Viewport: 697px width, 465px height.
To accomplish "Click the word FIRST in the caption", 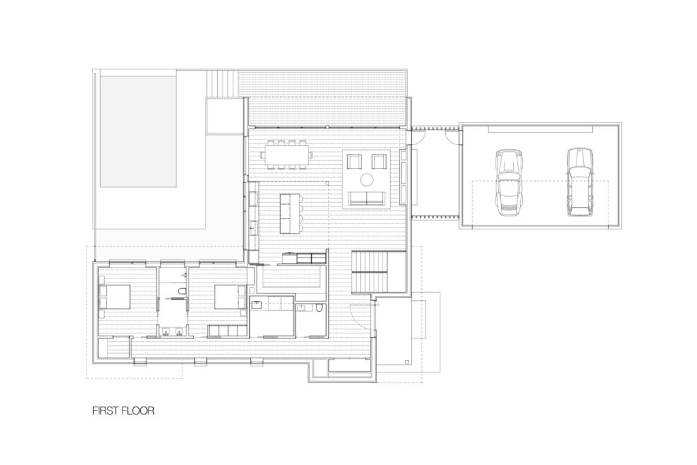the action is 106,411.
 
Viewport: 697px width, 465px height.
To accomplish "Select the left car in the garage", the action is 508,182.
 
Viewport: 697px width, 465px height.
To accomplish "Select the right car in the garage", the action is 580,182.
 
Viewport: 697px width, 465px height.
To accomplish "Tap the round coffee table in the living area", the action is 367,180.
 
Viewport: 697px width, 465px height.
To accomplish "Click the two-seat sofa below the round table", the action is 367,199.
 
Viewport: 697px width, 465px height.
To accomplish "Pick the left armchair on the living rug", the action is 355,161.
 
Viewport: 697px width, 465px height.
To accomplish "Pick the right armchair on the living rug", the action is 379,161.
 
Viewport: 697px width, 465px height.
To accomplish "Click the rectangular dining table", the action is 287,155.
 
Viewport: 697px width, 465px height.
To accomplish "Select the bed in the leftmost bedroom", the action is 114,297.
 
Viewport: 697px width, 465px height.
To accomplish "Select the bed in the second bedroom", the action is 230,297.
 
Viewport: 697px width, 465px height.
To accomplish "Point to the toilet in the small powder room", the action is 319,308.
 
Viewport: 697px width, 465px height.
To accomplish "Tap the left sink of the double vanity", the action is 167,331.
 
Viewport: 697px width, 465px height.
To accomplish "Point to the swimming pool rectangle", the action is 138,131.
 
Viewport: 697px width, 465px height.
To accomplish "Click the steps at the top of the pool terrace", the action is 222,84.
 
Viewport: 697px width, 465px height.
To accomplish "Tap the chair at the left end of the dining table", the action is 262,155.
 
